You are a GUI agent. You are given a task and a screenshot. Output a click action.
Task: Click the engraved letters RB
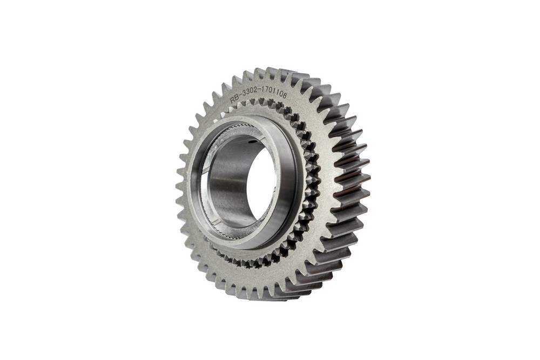(x=234, y=99)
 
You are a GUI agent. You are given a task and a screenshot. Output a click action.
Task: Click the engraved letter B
(x=237, y=98)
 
